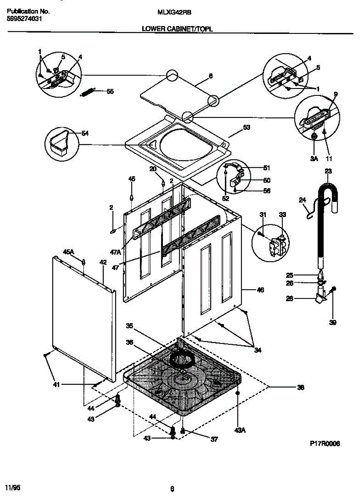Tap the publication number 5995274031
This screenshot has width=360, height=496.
(24, 19)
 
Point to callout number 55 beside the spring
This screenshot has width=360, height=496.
(110, 91)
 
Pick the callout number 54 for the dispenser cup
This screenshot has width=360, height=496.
(85, 133)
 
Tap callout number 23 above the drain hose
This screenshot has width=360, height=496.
(328, 171)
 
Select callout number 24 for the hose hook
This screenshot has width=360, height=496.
(302, 200)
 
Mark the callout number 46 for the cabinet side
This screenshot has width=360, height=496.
(260, 290)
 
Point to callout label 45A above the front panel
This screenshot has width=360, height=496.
(68, 252)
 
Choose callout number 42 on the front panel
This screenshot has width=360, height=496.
(103, 262)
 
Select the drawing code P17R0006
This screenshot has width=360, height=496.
(324, 443)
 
